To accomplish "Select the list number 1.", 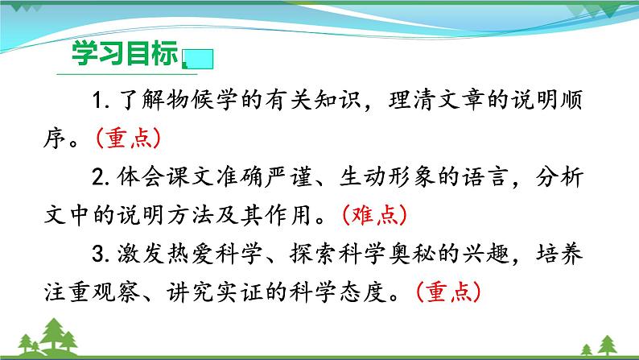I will (x=100, y=101).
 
